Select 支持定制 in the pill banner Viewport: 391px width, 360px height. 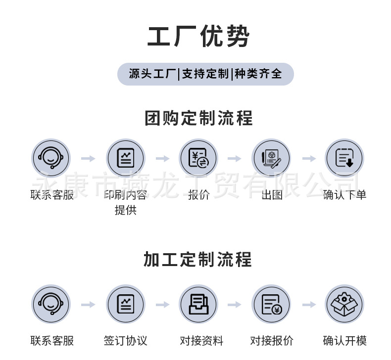tap(205, 74)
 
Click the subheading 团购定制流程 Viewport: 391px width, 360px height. tap(198, 118)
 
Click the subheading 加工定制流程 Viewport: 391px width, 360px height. tap(197, 259)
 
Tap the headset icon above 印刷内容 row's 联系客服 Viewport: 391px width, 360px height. tap(51, 158)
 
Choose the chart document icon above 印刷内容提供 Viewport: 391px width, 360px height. tap(126, 158)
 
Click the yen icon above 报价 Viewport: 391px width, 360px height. tap(198, 158)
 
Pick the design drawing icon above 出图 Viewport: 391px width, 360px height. tap(271, 158)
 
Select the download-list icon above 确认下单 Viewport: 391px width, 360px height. tap(344, 158)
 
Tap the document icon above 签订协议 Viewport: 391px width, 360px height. tap(126, 304)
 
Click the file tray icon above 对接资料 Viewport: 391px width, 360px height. tap(198, 304)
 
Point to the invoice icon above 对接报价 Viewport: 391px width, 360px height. tap(271, 304)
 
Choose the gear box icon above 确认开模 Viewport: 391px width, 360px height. tap(344, 304)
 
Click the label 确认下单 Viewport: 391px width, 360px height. tap(344, 195)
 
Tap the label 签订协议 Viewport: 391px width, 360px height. tap(126, 341)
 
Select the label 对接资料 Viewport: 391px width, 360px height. tap(201, 341)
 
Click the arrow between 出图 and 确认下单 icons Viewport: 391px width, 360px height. tap(309, 159)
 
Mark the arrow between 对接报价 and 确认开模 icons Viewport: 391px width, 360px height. tap(309, 305)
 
